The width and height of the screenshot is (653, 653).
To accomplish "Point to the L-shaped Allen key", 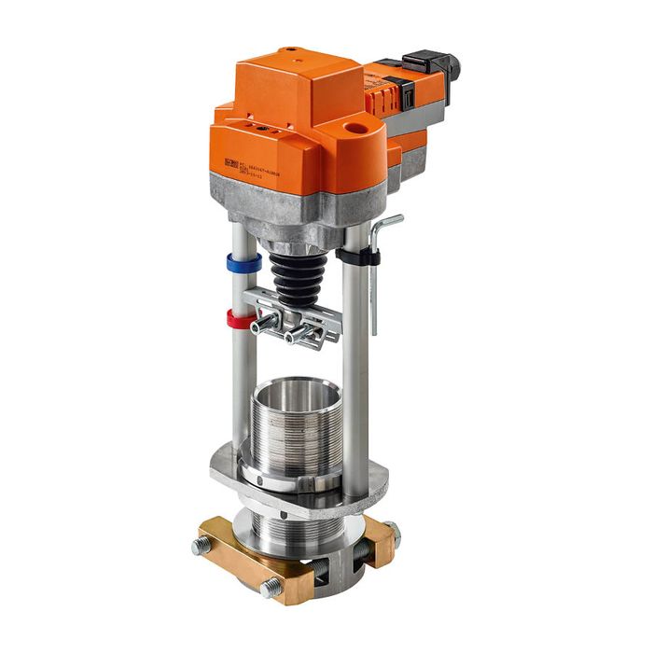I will click(374, 280).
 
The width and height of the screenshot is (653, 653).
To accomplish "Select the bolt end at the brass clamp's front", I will click(271, 589).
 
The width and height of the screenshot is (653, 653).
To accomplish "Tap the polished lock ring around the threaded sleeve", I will click(289, 480).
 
